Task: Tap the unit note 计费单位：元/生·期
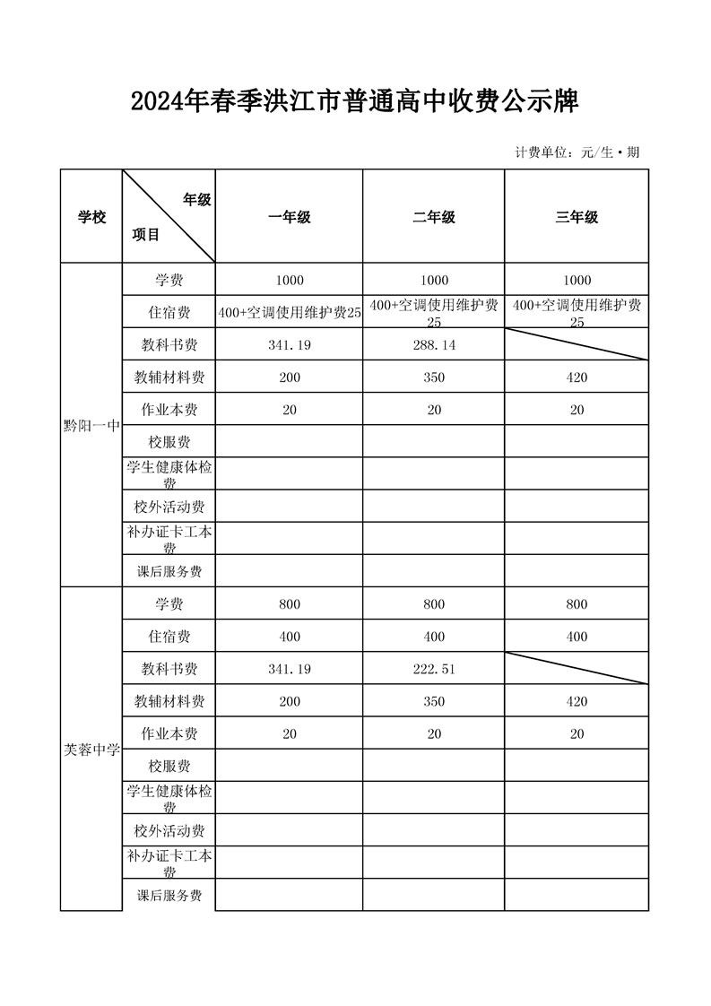(577, 152)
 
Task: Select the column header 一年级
(290, 217)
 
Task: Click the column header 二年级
(434, 217)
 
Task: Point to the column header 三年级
(577, 217)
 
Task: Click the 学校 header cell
(91, 217)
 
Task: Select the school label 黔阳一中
(91, 426)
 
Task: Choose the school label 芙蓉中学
(91, 750)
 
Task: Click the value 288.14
(434, 345)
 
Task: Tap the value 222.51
(434, 669)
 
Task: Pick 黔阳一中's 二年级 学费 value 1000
(434, 281)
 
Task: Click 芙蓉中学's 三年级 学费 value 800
(577, 604)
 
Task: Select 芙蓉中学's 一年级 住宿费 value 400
(290, 637)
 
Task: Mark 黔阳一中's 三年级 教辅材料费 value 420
(577, 377)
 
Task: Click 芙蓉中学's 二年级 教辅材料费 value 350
(434, 701)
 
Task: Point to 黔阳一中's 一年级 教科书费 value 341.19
(290, 345)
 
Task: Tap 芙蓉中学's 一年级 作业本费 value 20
(290, 733)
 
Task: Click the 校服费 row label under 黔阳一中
(169, 441)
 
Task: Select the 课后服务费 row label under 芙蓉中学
(169, 896)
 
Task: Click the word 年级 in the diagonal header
(197, 200)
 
